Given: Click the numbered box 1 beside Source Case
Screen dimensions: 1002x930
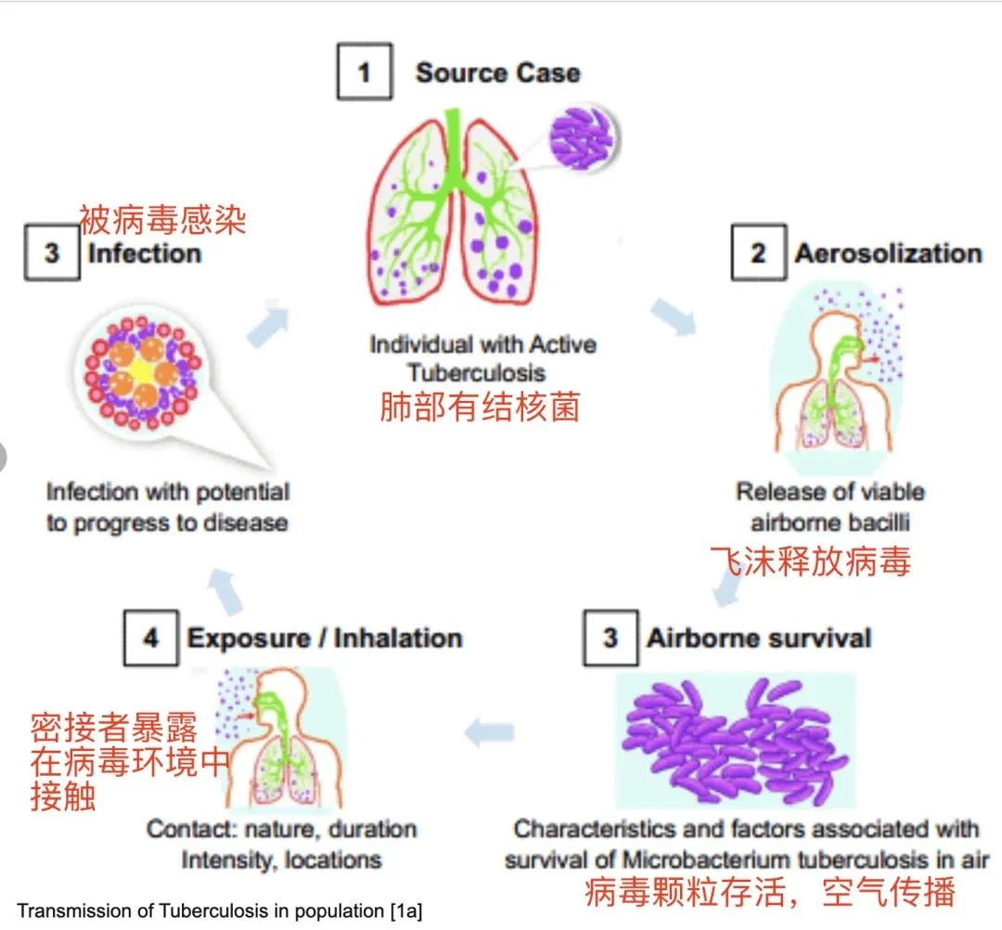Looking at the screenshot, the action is pos(365,71).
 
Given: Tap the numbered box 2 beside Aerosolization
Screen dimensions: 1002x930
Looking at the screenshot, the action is pos(759,252).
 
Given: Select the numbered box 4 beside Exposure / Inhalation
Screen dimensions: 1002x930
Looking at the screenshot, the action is pos(151,638).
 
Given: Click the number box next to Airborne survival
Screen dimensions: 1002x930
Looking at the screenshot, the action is pos(610,638).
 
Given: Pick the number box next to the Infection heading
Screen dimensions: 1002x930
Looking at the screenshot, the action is pos(52,252).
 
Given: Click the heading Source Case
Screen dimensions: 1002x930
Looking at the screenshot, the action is pos(498,72).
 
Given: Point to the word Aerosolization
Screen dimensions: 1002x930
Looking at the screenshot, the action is pos(888,253).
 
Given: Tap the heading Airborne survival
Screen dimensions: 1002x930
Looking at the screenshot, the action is pos(759,638).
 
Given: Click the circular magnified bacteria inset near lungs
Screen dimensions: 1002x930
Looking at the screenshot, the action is pos(583,138).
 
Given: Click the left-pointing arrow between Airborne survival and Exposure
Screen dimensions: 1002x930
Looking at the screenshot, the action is pos(490,732).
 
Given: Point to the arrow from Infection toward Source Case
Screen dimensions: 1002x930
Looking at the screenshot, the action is pos(268,326).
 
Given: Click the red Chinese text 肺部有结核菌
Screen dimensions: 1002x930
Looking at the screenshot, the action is pos(480,407).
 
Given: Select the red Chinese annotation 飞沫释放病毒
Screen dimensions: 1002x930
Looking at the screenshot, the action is pos(810,562).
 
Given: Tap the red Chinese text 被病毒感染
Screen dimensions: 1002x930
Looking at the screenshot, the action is pos(162,220).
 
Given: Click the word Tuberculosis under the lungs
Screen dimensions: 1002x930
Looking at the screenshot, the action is pos(477,372).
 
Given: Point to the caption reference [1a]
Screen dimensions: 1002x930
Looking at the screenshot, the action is pos(405,911).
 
